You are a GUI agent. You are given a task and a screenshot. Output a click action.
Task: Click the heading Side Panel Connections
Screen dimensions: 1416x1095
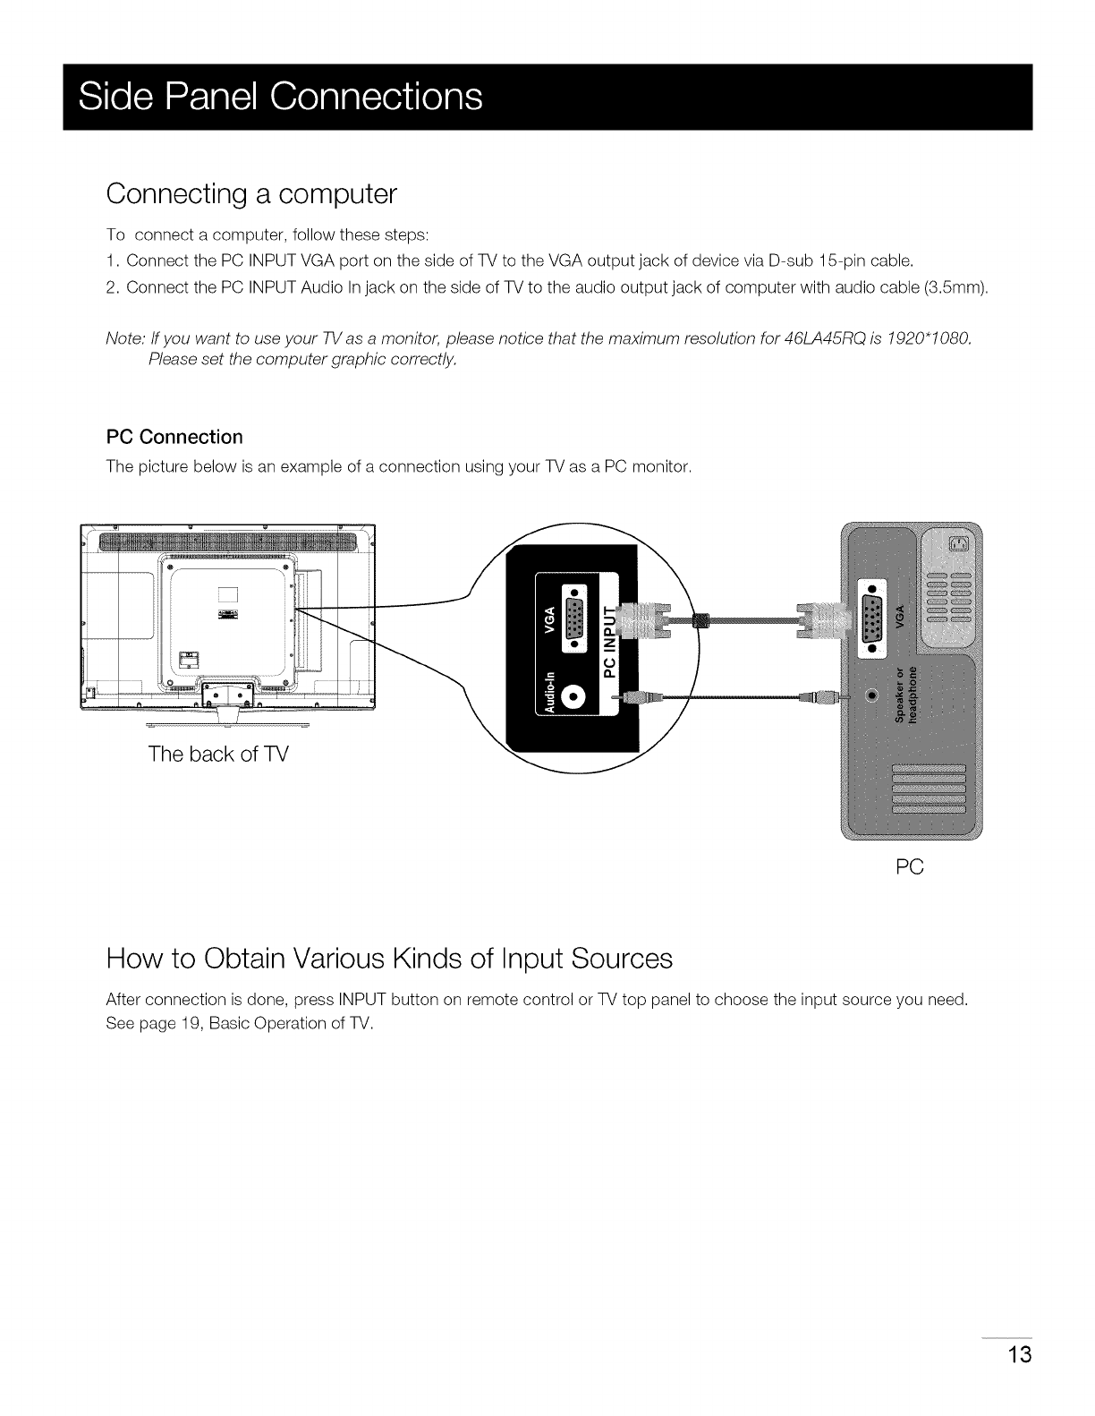280,97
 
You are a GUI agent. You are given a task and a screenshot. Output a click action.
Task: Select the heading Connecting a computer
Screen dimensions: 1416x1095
250,193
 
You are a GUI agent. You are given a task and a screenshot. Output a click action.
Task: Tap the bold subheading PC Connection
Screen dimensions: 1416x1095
174,437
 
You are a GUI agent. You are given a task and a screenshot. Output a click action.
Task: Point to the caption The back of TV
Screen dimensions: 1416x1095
219,754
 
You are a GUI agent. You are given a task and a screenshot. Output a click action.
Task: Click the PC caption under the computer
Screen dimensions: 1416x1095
909,866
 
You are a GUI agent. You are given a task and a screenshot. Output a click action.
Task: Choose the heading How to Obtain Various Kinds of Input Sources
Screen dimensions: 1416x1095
389,959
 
